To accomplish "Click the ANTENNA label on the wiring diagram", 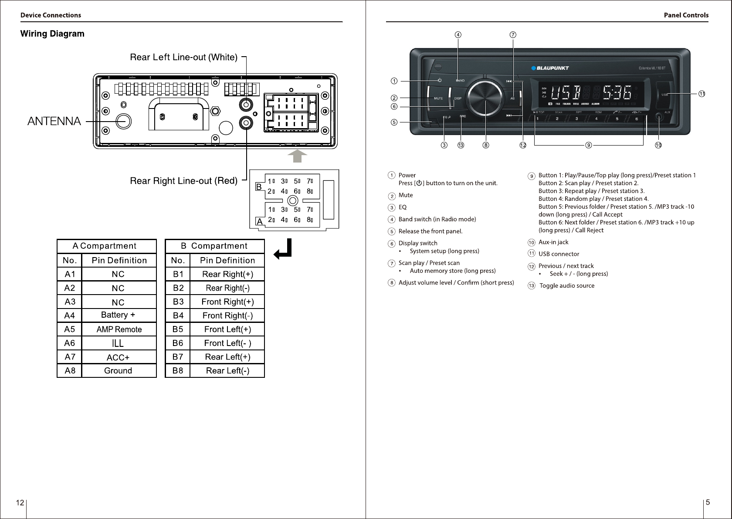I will [54, 121].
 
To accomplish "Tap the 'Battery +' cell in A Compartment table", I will [118, 315].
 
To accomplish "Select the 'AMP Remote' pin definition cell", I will [119, 329].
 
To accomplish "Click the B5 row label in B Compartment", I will [178, 329].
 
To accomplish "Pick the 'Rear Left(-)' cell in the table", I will [227, 371].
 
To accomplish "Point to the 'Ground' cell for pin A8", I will [118, 371].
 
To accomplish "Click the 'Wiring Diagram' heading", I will [52, 34].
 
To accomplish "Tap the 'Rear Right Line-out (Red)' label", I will [183, 180].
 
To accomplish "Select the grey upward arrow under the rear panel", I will [298, 156].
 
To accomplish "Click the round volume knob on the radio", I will [485, 98].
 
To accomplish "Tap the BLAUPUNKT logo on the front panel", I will [550, 68].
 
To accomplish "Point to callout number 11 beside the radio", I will [702, 94].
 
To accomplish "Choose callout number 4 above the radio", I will [458, 34].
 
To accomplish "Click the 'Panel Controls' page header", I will [686, 15].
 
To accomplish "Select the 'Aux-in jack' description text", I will [553, 242].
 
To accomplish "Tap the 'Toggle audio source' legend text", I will [567, 286].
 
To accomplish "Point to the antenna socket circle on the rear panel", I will [123, 121].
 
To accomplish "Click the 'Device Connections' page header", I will [51, 15].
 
